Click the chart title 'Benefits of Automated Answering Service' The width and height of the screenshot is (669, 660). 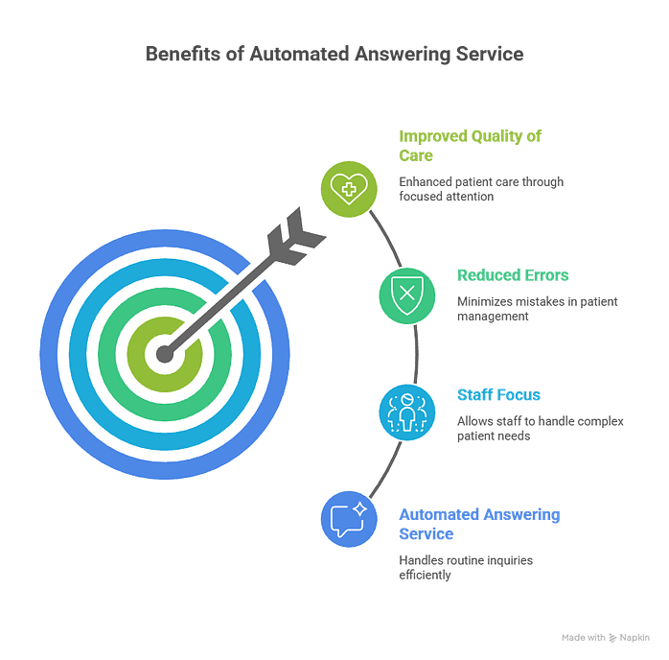click(334, 55)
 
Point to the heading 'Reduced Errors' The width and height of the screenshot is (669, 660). click(514, 276)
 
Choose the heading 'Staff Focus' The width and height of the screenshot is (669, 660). click(498, 394)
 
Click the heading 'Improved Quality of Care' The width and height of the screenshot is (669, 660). click(470, 145)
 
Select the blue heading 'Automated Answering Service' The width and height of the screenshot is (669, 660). click(478, 524)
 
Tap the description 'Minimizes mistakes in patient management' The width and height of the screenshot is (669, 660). click(537, 309)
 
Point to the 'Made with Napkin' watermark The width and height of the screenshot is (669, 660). click(606, 636)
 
